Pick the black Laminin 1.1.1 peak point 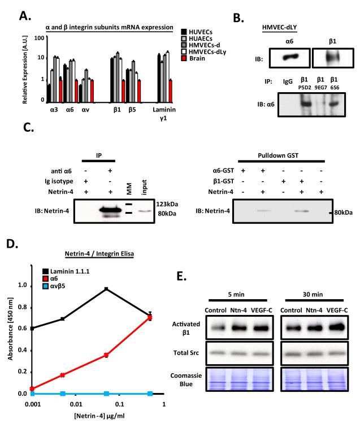pos(106,289)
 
